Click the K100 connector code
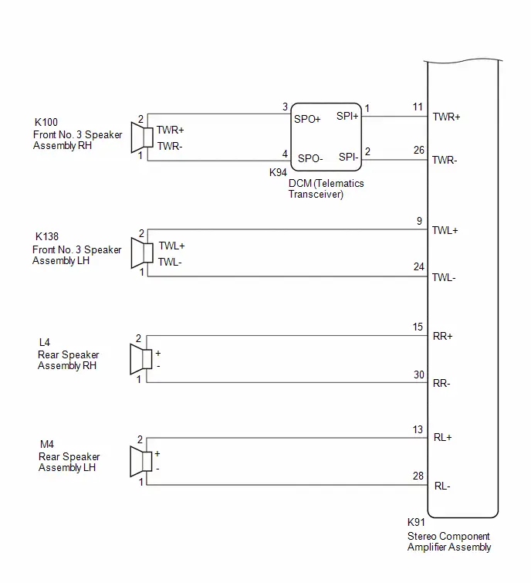[x=46, y=122]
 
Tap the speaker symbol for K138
[x=142, y=253]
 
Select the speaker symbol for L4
[x=141, y=359]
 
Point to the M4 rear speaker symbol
[x=141, y=461]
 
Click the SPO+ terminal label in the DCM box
[x=307, y=119]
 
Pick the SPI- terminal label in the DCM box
[x=349, y=157]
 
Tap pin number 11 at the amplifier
[x=418, y=107]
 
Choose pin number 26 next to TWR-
[x=419, y=150]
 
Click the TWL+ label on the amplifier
[x=445, y=231]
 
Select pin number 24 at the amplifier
[x=419, y=266]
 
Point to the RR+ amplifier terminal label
[x=442, y=336]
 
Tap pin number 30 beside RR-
[x=419, y=375]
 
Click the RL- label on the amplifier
[x=442, y=486]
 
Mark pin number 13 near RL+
[x=418, y=429]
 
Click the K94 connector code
[x=278, y=172]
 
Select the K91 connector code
[x=416, y=522]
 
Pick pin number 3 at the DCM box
[x=285, y=107]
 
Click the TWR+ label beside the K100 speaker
[x=171, y=130]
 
